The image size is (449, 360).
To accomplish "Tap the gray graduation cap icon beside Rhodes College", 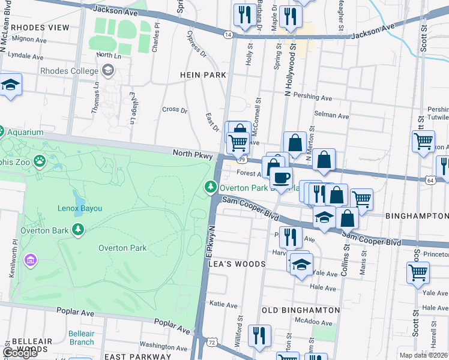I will point(107,71).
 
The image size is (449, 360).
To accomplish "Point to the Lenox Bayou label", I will point(80,208).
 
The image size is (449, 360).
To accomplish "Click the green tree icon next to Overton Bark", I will point(77,230).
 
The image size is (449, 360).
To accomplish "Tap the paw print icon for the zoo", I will point(40,161).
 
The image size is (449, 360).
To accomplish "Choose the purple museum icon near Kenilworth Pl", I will point(31,260).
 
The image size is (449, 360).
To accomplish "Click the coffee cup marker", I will point(281,177).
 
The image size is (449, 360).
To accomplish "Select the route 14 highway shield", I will point(228,35).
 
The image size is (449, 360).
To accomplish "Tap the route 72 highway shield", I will point(212,341).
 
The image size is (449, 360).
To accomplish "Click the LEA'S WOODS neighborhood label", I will point(237,264).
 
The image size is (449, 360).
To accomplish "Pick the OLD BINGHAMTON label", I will point(301,310).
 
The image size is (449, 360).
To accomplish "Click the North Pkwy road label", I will point(193,154).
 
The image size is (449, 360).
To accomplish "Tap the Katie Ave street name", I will point(223,305).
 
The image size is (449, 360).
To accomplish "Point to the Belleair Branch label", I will point(81,337).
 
